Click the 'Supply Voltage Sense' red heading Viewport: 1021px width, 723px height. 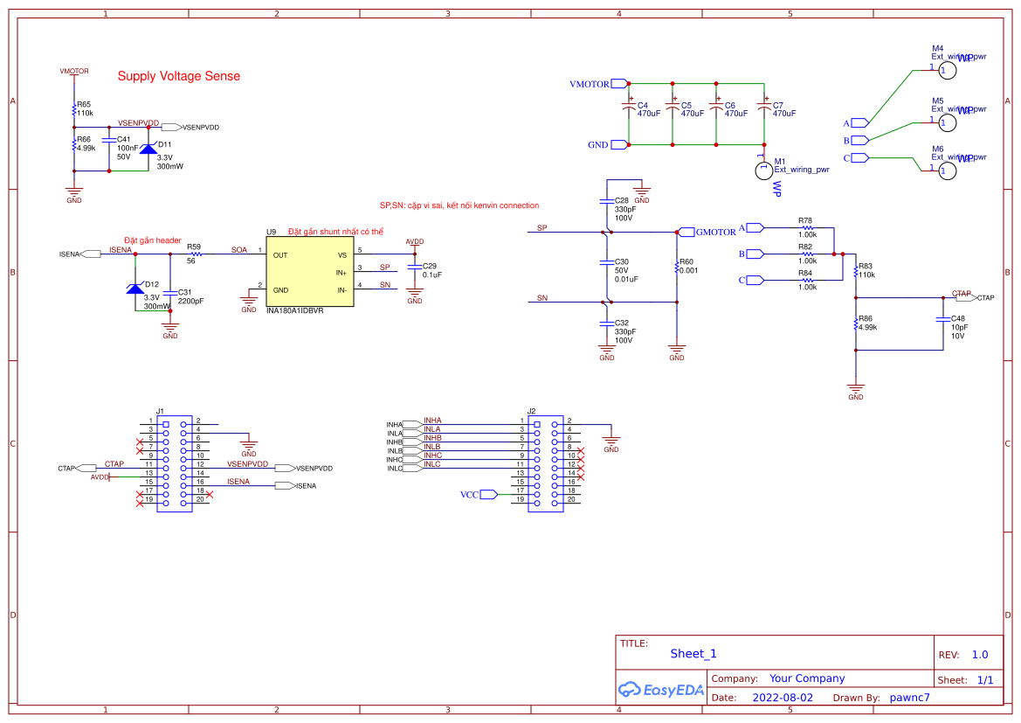(178, 76)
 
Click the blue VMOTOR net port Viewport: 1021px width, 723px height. (619, 84)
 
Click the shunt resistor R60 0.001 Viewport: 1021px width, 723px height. (677, 267)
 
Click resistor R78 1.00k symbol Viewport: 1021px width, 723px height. (807, 228)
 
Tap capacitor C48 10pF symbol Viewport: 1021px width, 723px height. (942, 319)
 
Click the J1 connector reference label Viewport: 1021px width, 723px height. (160, 410)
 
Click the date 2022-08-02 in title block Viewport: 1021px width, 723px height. (782, 698)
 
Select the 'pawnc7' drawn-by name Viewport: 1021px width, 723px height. (909, 698)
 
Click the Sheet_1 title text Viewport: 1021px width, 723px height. (693, 653)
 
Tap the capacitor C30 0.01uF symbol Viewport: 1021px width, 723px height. (606, 262)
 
